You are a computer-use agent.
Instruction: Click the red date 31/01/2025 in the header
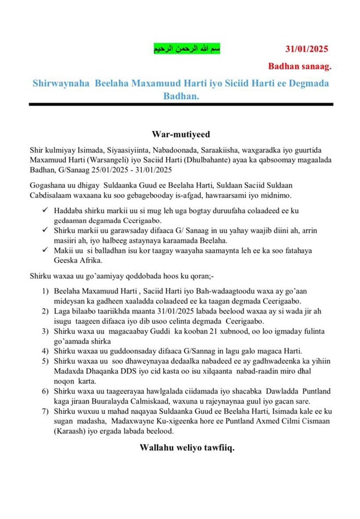[305, 49]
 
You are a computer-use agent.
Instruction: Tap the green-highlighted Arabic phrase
[187, 50]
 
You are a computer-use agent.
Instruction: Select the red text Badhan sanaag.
[299, 67]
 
